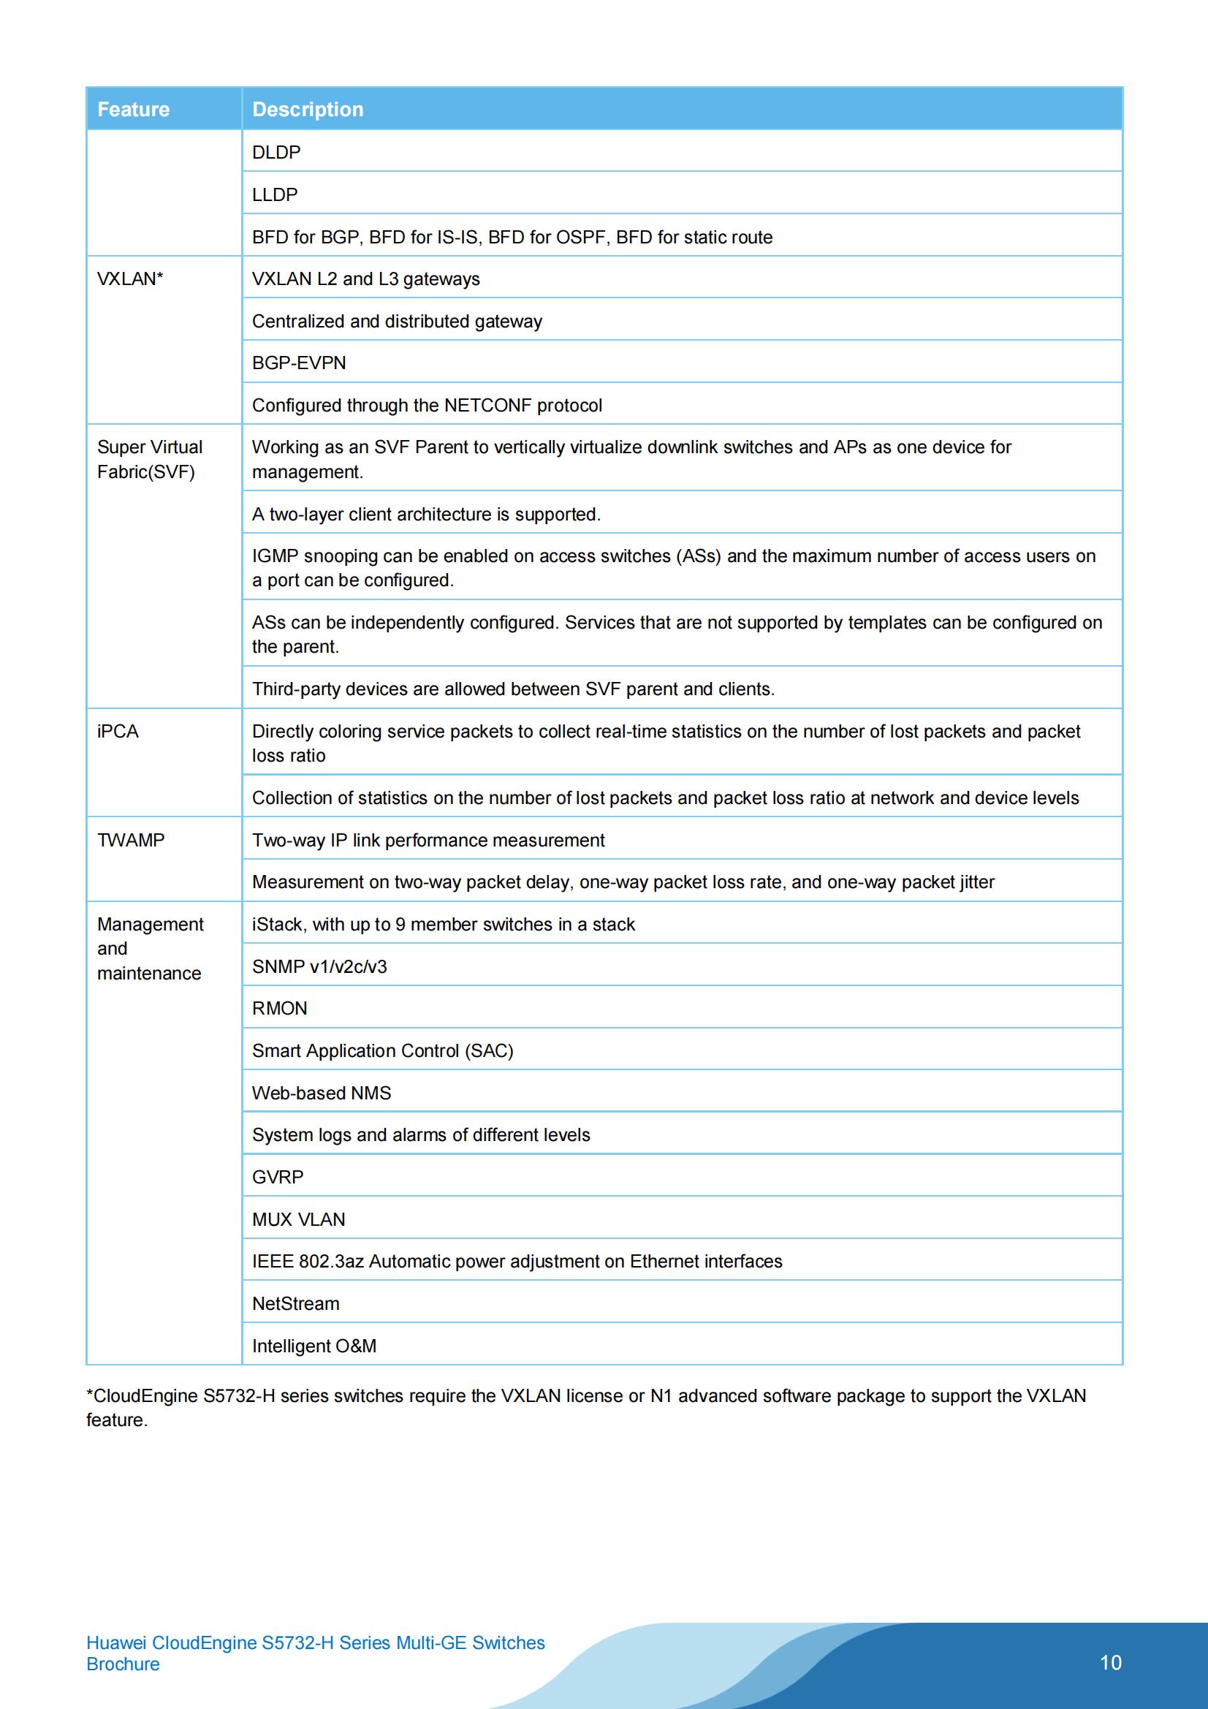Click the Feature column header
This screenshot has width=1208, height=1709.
(x=133, y=110)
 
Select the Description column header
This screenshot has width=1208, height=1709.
(x=308, y=110)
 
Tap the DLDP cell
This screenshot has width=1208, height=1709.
(x=276, y=152)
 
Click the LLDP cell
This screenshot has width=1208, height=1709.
(x=275, y=194)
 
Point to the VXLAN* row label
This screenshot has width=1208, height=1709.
(x=130, y=278)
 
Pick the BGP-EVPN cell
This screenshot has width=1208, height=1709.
(x=298, y=363)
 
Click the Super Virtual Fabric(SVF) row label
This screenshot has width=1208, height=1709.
(x=149, y=459)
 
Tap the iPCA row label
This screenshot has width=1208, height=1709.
(x=118, y=731)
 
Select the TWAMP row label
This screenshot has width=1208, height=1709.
(x=131, y=840)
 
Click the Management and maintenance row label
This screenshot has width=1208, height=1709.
(x=150, y=948)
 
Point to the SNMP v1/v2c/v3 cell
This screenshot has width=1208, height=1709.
(x=319, y=966)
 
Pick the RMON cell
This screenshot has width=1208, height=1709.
(x=279, y=1008)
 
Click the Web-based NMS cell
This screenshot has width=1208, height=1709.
(x=321, y=1093)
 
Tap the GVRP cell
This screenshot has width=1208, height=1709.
(x=278, y=1177)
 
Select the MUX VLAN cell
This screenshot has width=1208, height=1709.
(x=298, y=1219)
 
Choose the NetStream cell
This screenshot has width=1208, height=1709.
(x=295, y=1303)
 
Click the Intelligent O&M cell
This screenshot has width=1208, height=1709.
(x=314, y=1346)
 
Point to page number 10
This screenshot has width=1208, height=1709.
(x=1110, y=1662)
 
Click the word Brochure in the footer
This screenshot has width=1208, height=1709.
(x=123, y=1664)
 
